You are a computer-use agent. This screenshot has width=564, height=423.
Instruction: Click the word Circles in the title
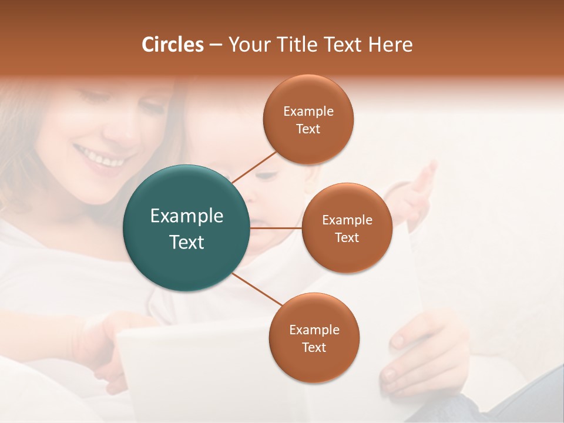(x=173, y=45)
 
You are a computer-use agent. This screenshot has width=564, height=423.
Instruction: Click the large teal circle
(x=186, y=228)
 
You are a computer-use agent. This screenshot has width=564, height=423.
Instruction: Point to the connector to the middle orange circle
(x=276, y=228)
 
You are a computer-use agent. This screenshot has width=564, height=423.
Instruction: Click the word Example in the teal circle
(x=187, y=216)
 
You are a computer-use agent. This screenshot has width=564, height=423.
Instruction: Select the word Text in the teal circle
(x=187, y=242)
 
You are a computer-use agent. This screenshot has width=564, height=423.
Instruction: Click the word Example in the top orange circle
(x=308, y=111)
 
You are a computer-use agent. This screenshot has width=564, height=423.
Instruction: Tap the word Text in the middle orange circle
(x=347, y=237)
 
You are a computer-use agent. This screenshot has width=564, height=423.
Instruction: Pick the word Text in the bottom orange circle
(x=314, y=347)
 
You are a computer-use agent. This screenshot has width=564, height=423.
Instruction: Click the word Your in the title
(x=247, y=45)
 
